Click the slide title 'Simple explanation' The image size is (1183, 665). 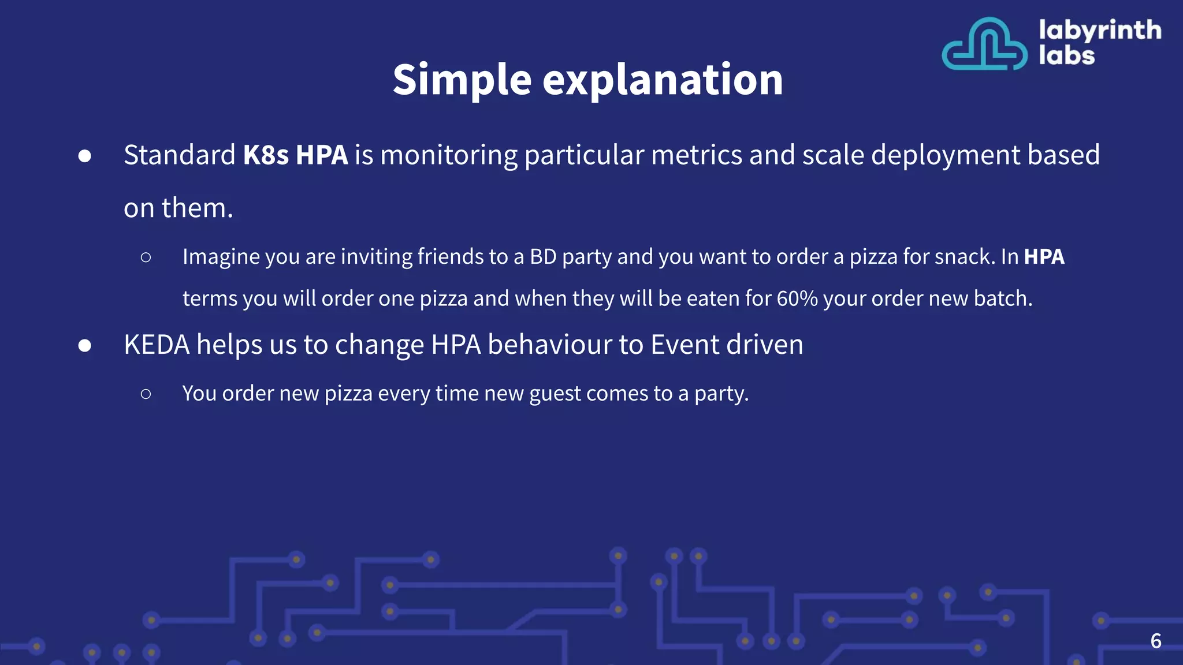pos(587,80)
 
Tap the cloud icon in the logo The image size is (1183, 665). pos(984,44)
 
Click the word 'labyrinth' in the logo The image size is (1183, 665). pos(1100,30)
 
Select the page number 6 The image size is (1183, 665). pos(1156,641)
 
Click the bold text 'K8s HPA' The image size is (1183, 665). pos(295,155)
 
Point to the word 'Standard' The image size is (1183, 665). pos(180,155)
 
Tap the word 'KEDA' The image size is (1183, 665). pos(157,345)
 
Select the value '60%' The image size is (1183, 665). pos(797,298)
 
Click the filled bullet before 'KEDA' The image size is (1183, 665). pos(85,345)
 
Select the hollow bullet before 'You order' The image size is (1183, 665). pos(146,394)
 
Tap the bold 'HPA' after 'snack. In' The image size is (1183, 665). pos(1044,256)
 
